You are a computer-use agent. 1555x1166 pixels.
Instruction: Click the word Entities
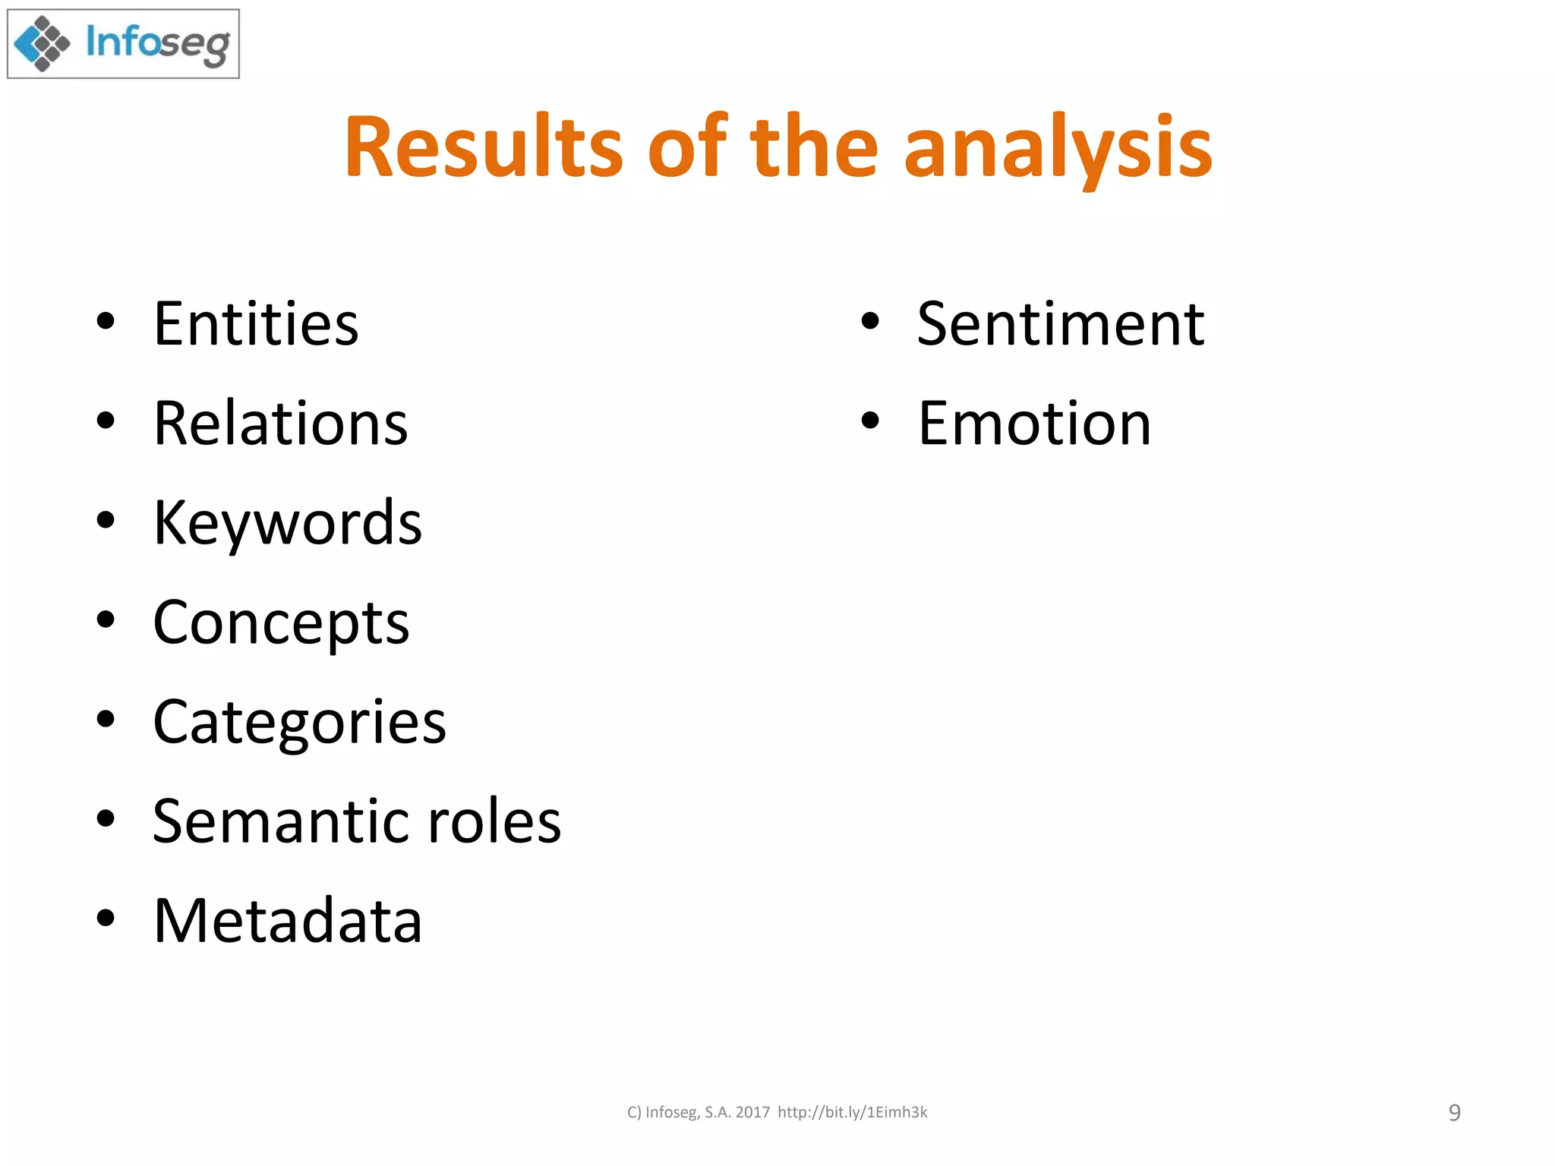click(x=256, y=324)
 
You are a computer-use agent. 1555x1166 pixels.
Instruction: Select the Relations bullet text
click(x=280, y=424)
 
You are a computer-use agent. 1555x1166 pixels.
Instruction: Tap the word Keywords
click(x=287, y=523)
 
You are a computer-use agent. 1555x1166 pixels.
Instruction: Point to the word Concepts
click(x=281, y=623)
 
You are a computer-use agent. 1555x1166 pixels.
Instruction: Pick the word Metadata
click(x=287, y=921)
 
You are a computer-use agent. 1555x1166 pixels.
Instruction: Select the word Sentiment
click(x=1060, y=324)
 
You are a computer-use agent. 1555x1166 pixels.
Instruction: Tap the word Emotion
click(x=1034, y=424)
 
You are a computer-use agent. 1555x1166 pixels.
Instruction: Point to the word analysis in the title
click(x=1058, y=148)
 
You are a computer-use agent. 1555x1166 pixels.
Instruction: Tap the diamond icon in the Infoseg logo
click(x=43, y=44)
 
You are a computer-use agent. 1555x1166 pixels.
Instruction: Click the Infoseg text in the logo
click(x=158, y=44)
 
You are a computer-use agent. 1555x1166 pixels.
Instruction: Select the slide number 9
click(x=1454, y=1113)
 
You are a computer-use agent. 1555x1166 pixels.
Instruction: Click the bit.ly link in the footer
click(x=852, y=1113)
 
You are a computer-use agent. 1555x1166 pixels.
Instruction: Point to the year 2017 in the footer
click(x=752, y=1113)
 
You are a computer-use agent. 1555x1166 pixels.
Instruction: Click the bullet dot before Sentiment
click(x=870, y=322)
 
